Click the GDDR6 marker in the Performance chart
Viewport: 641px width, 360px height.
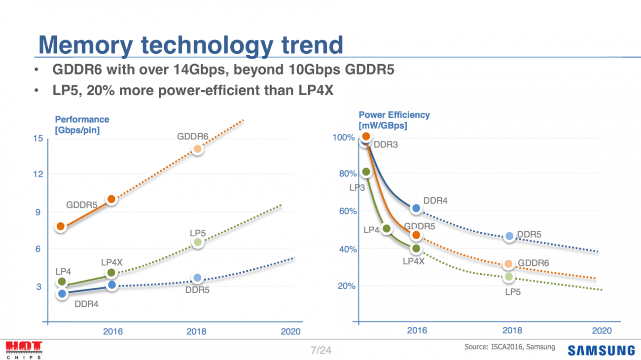(197, 149)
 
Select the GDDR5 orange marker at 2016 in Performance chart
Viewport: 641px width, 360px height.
(111, 199)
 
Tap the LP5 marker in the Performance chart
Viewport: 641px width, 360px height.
(197, 242)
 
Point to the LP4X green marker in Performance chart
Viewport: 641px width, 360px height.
(111, 273)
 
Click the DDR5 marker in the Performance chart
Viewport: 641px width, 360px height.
(197, 278)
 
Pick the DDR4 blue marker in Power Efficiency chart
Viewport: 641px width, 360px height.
(416, 209)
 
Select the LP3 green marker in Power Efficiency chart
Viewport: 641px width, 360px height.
(366, 172)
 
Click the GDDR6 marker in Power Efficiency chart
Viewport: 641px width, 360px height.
(508, 264)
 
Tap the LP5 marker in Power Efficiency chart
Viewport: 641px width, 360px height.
(508, 277)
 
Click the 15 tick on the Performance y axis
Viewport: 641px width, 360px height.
(38, 139)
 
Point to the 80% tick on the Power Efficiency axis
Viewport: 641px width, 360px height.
(346, 174)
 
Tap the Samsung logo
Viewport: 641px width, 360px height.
(601, 350)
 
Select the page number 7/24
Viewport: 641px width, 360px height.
(321, 351)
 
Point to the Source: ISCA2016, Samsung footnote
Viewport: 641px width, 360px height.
(509, 347)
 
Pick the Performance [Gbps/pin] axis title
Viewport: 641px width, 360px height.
(82, 125)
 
